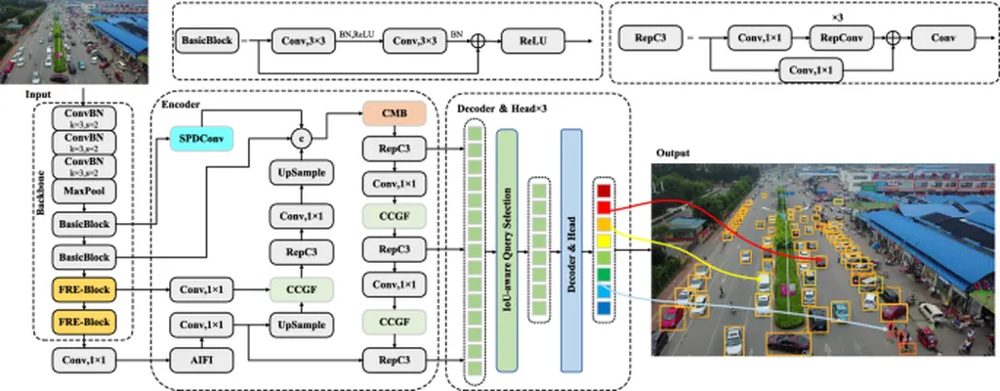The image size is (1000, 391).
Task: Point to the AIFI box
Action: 200,360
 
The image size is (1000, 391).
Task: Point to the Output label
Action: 673,153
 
